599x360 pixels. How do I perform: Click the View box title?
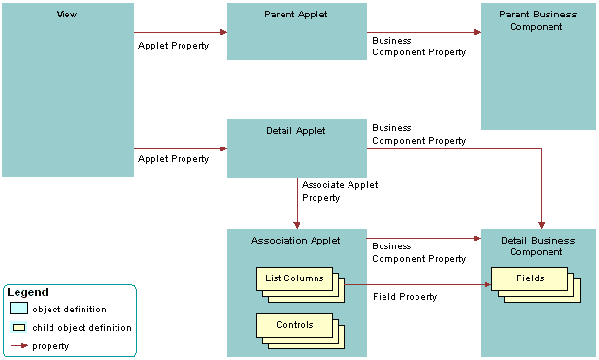(68, 16)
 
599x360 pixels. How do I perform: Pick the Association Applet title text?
(296, 240)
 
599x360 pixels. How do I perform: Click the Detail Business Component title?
(538, 245)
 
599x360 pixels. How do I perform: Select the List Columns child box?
(294, 279)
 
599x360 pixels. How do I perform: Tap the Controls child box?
(294, 325)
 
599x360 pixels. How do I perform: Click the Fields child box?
(530, 278)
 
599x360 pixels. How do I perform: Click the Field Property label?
(405, 297)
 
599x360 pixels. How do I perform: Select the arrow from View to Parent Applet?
(181, 32)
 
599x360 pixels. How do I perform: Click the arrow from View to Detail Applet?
(181, 148)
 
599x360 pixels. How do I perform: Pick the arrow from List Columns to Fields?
(417, 284)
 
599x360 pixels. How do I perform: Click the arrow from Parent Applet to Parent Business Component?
(423, 32)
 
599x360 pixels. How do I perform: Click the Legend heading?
(27, 292)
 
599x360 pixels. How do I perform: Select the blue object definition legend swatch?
(19, 309)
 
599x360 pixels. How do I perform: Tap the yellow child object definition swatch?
(19, 328)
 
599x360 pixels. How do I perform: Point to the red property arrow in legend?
(19, 345)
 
